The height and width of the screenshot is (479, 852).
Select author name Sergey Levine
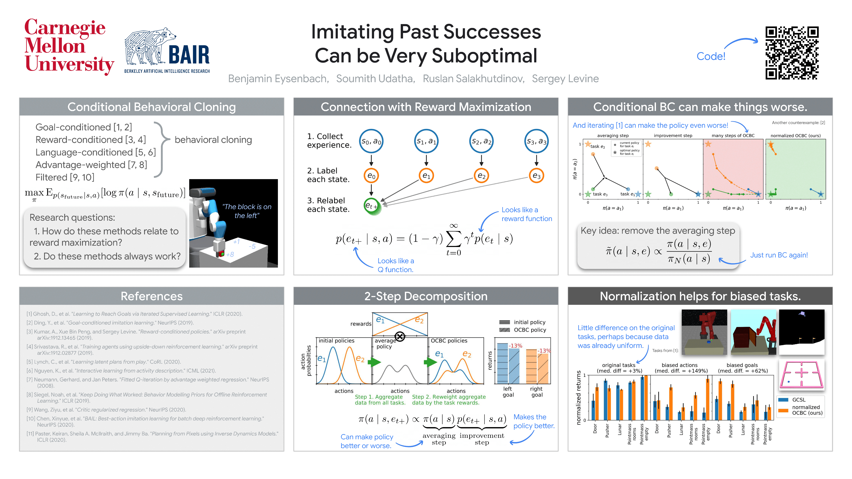pos(565,79)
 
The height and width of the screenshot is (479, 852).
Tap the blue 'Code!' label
pos(711,56)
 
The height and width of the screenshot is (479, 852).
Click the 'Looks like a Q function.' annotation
pos(396,265)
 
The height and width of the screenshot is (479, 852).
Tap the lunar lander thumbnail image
pos(801,332)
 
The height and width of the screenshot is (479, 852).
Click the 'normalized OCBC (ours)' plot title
pos(795,136)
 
